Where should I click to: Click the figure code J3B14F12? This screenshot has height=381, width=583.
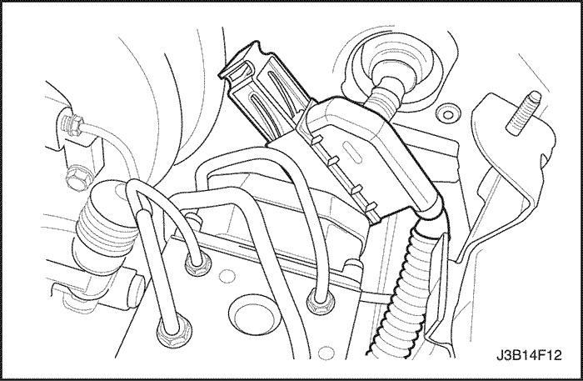coord(529,355)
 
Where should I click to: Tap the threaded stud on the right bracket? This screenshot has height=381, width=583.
coord(524,113)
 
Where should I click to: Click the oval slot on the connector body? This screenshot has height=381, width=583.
coord(351,152)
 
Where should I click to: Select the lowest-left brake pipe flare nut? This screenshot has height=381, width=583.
coord(174,331)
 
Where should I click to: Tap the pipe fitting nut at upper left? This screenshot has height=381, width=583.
coord(72,124)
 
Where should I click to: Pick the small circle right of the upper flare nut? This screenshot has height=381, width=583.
coord(226,276)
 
